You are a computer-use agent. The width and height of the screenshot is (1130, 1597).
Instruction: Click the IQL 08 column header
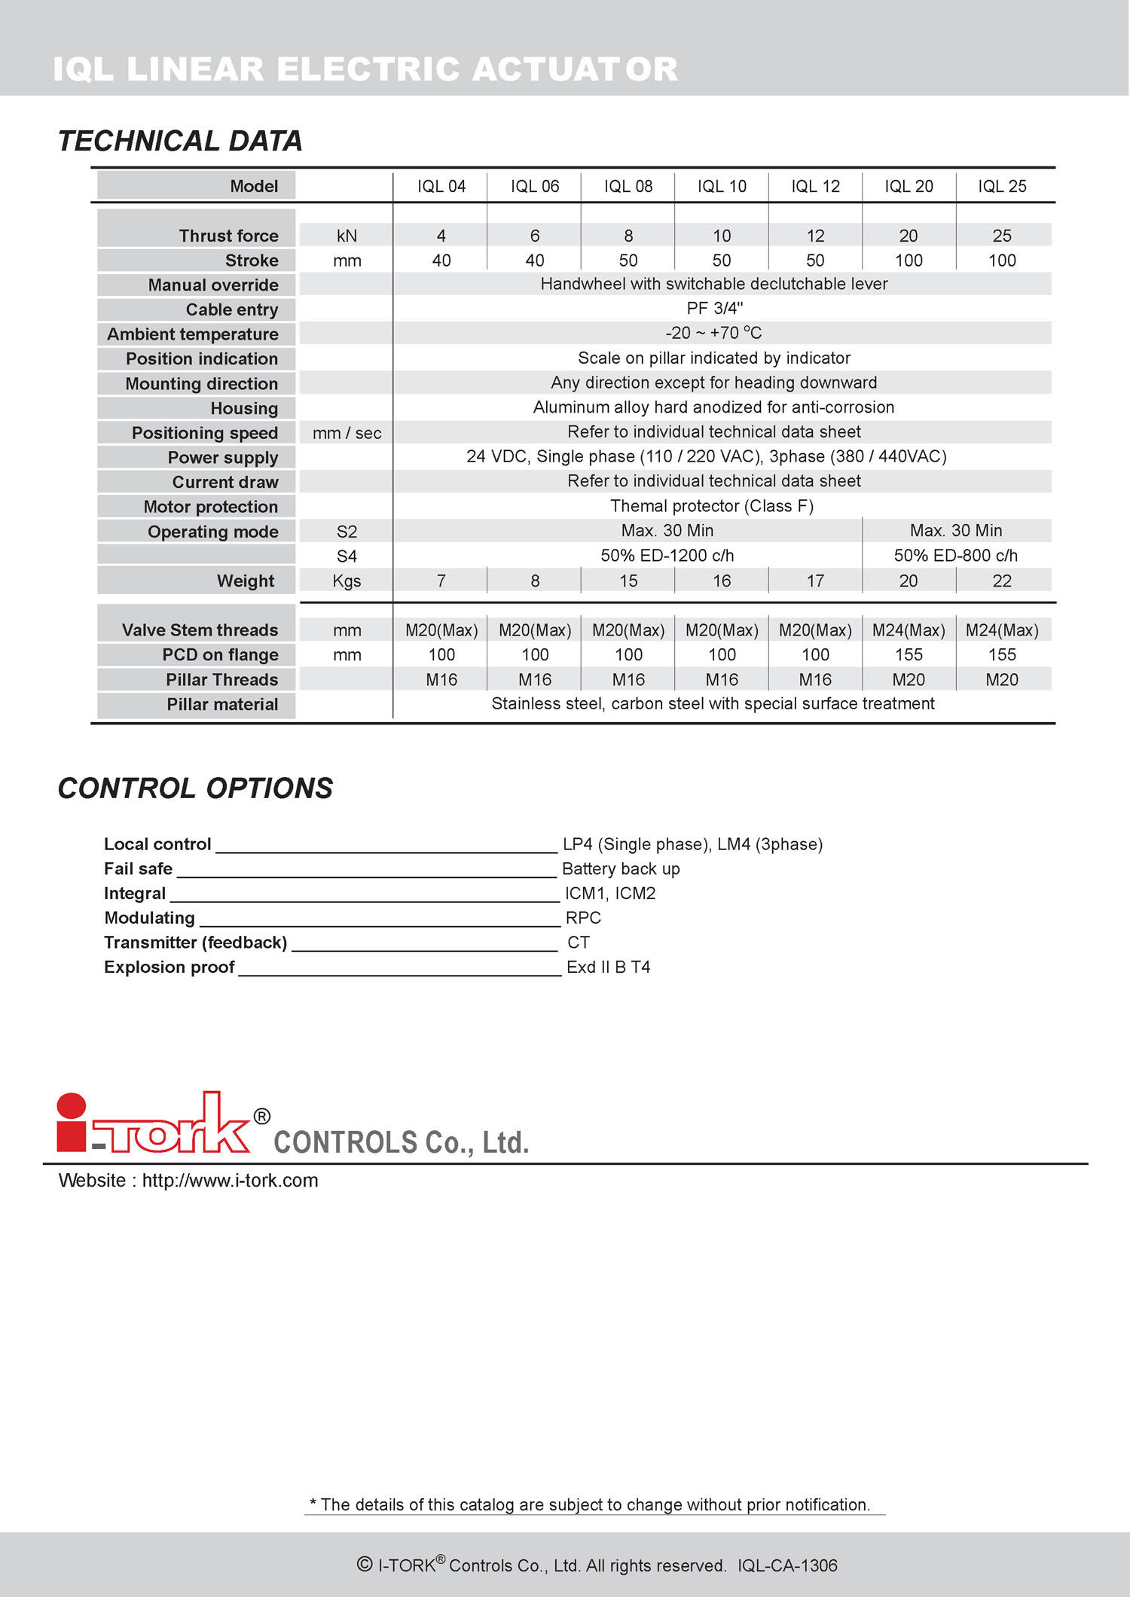(x=628, y=187)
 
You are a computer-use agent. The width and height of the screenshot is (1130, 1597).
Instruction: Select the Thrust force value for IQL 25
(x=1002, y=236)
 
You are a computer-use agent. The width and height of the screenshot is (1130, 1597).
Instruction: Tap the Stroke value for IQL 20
(x=909, y=261)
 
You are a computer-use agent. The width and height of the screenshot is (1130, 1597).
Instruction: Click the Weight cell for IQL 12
(x=815, y=581)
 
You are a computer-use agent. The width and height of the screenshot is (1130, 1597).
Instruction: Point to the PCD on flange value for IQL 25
(x=1002, y=655)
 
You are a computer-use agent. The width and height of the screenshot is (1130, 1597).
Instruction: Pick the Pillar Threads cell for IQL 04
(x=441, y=680)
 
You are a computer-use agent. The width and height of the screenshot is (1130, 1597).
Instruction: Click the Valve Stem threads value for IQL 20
(x=909, y=630)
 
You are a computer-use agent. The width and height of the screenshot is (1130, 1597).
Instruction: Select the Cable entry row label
(x=232, y=310)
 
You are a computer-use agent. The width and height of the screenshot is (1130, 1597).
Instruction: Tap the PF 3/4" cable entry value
(x=714, y=309)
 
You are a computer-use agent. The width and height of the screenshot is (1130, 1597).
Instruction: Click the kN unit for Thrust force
(x=347, y=236)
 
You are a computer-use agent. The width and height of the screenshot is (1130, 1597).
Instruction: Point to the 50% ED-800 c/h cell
(x=955, y=556)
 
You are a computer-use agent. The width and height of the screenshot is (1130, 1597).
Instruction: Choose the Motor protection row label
(x=211, y=507)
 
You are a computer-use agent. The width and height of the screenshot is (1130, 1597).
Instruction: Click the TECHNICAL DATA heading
(x=180, y=141)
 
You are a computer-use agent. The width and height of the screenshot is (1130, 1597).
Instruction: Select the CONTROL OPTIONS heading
(x=195, y=788)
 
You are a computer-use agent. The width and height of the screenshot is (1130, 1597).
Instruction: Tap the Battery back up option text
(x=621, y=869)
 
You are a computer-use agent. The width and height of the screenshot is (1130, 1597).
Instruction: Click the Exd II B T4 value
(x=608, y=968)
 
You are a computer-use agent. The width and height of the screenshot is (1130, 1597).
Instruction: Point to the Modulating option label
(x=150, y=918)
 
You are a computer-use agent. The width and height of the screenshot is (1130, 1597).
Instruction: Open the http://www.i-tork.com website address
(x=230, y=1181)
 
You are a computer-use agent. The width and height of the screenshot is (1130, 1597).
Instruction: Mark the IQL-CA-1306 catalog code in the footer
(x=787, y=1565)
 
